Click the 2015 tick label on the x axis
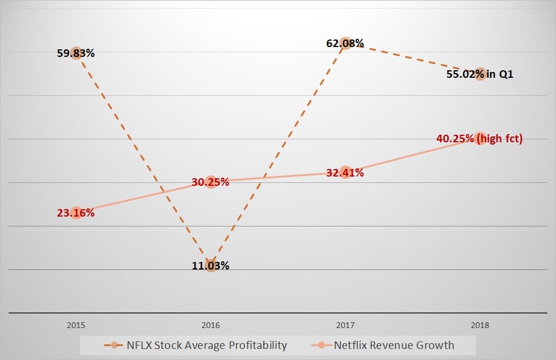76,326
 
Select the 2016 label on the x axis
211,326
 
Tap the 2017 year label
345,326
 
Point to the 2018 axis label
480,326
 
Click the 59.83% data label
75,53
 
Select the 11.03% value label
211,266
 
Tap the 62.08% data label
345,43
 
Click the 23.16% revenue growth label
75,213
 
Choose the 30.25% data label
211,182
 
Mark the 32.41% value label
345,172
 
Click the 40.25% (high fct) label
479,139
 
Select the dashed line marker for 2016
211,266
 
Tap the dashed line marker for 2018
480,74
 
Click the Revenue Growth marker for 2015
76,213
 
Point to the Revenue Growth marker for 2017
345,172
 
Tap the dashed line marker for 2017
345,43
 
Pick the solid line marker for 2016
211,182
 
